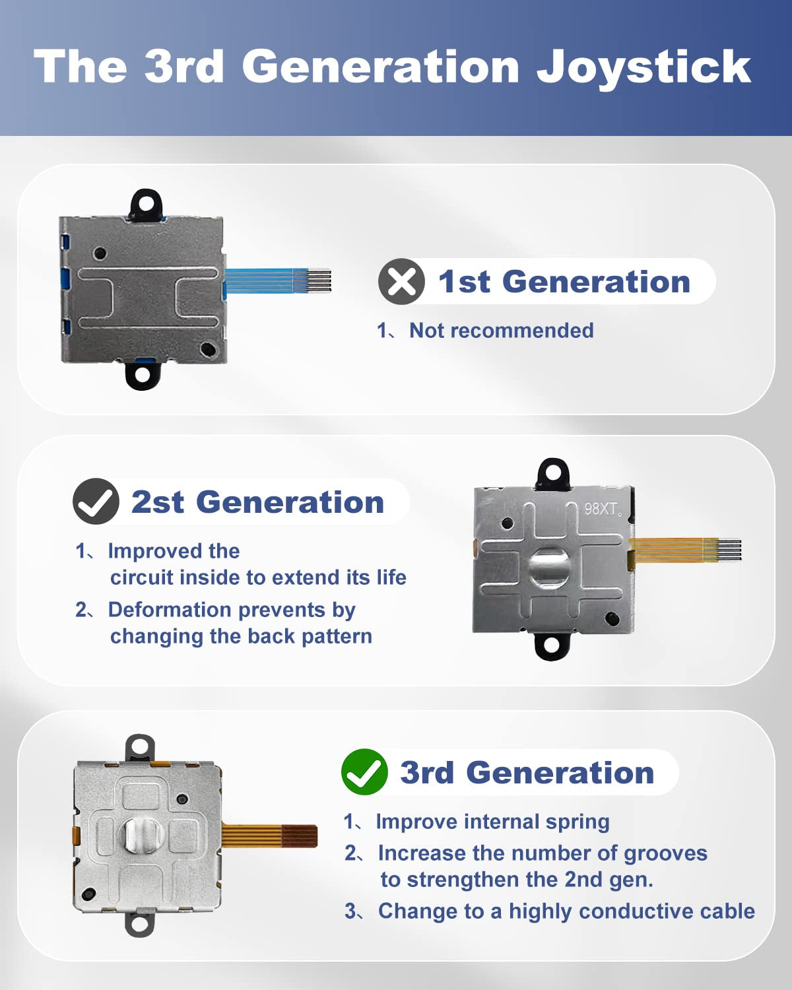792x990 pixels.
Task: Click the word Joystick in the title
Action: (x=643, y=68)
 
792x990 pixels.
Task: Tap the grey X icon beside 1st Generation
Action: (x=401, y=282)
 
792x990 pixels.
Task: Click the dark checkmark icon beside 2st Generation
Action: (x=96, y=501)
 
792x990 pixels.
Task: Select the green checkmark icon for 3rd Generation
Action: (x=364, y=772)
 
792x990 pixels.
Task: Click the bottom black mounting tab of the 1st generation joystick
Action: (x=143, y=376)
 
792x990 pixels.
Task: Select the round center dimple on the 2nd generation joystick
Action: (x=549, y=566)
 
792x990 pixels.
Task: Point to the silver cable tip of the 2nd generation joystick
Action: (x=729, y=550)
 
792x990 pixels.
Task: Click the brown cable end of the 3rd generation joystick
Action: (x=300, y=836)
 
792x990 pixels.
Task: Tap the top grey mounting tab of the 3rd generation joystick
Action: (x=140, y=748)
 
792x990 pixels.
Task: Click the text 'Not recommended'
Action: (x=502, y=330)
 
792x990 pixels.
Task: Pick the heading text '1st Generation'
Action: (x=564, y=282)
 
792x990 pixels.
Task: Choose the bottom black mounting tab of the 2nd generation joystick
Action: (x=551, y=645)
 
